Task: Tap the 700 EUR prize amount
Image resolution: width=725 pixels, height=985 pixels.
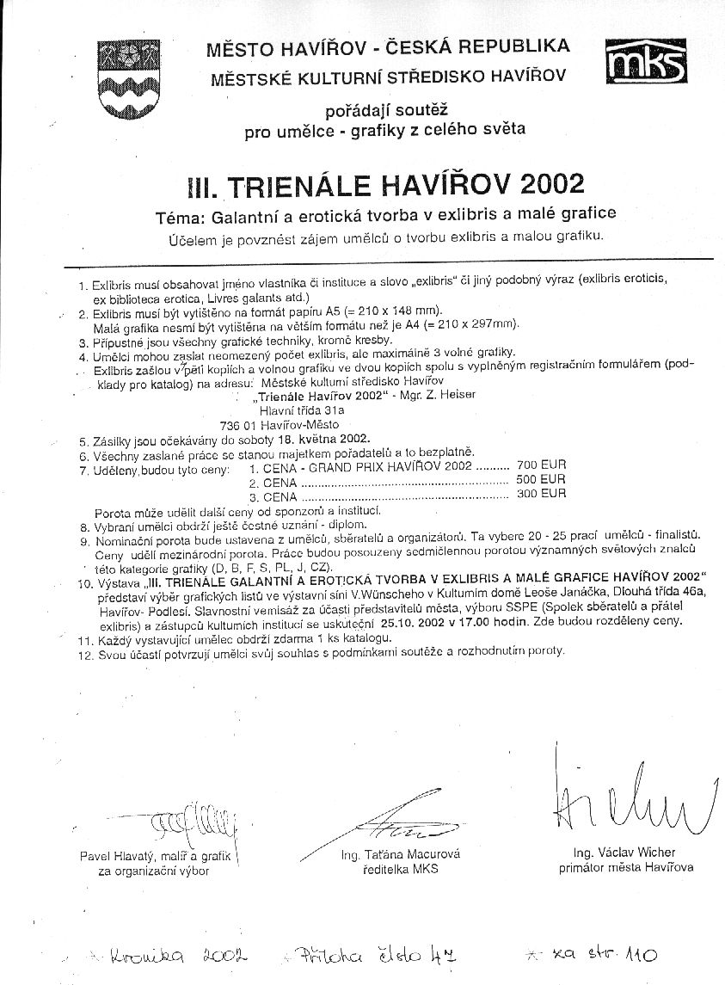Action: tap(541, 465)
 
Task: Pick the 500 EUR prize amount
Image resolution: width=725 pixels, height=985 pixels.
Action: tap(541, 479)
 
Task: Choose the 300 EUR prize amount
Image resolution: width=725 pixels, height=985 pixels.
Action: tap(541, 494)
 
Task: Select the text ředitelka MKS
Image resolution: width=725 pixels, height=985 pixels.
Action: tap(401, 869)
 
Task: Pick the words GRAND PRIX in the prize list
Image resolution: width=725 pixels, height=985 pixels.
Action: tap(341, 467)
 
